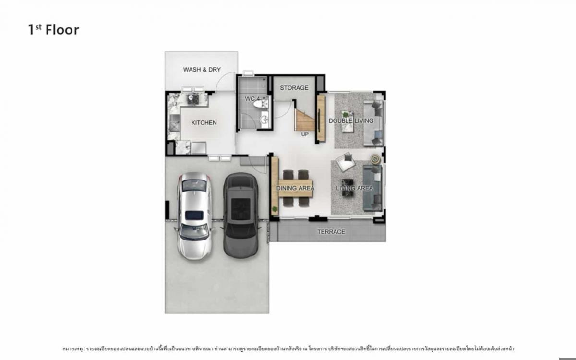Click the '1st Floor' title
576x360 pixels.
tap(53, 30)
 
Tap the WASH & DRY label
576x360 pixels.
tap(202, 70)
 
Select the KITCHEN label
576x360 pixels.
tap(204, 123)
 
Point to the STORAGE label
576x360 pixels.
tap(294, 88)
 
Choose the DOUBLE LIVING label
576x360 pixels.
tap(350, 120)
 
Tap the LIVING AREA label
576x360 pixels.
tap(354, 188)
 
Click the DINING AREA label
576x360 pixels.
tap(295, 188)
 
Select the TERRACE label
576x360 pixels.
tap(331, 232)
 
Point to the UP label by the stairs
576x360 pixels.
tap(305, 134)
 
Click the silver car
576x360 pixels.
tap(193, 215)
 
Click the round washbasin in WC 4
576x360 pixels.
tap(264, 119)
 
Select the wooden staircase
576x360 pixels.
tap(305, 120)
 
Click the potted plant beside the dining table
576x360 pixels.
tap(275, 209)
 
